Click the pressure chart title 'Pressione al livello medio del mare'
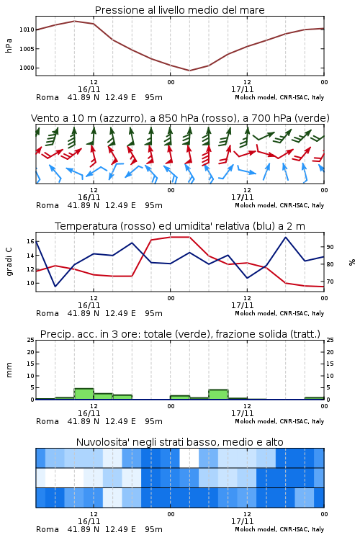(x=179, y=10)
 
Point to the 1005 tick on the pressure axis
(x=27, y=49)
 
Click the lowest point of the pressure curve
(x=189, y=71)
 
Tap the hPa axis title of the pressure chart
(x=9, y=45)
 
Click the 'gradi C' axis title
(x=9, y=261)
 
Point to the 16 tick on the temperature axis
(x=30, y=241)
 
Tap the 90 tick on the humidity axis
(x=330, y=247)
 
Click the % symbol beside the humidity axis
(x=352, y=262)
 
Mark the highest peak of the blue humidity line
(x=285, y=237)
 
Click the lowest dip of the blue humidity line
(x=55, y=287)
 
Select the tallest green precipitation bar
(x=84, y=394)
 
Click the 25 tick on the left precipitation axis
(x=30, y=340)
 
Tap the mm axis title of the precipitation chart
(x=9, y=369)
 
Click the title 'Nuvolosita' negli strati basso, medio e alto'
(x=179, y=442)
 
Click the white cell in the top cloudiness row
(x=189, y=458)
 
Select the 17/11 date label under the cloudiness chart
(x=242, y=521)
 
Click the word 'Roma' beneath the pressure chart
(x=48, y=97)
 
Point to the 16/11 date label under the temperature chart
(x=89, y=305)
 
